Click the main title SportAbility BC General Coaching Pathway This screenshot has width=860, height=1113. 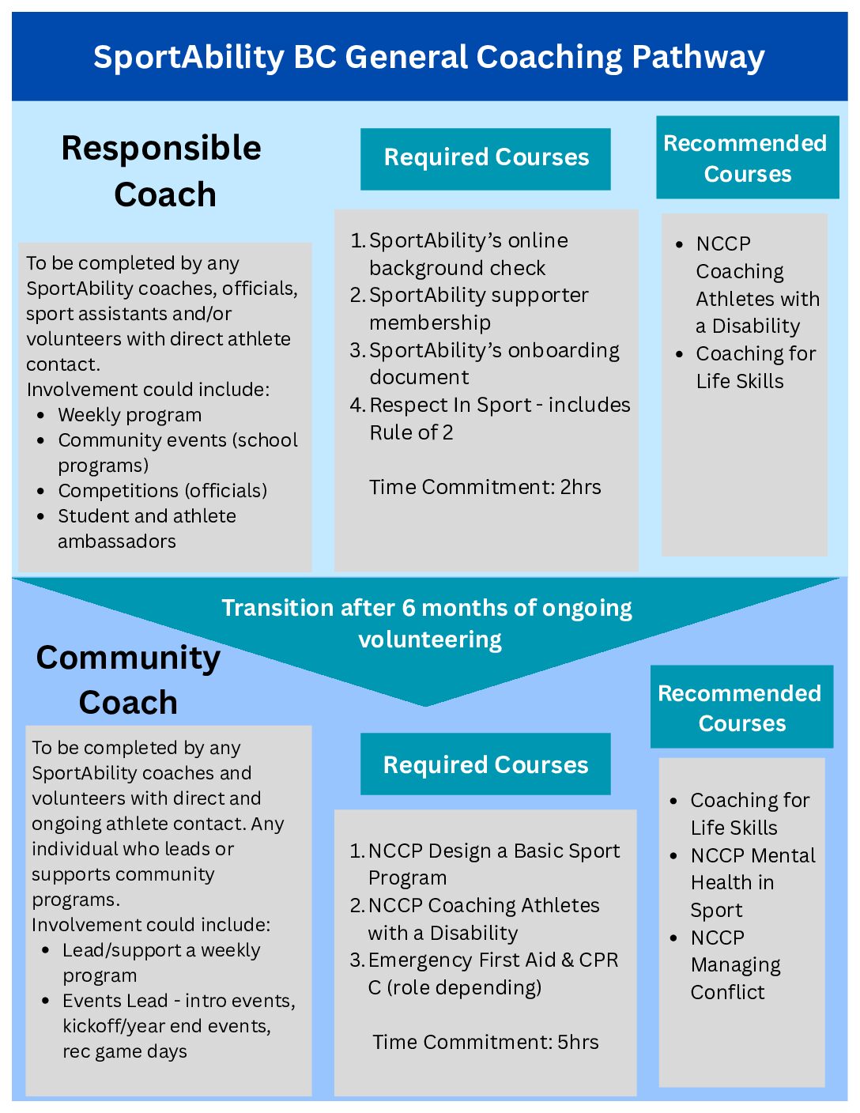429,57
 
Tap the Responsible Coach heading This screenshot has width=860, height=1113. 162,171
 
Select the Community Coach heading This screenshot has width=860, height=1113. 128,680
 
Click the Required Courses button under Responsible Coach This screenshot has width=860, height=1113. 485,158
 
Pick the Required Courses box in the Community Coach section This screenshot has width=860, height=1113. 485,764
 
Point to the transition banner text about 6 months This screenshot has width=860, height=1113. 427,623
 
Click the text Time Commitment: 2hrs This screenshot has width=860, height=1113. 485,487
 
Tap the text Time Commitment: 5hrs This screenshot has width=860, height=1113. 485,1042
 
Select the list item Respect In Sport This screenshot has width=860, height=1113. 490,418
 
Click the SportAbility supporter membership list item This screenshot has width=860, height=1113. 478,308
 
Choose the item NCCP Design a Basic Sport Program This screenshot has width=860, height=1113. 486,864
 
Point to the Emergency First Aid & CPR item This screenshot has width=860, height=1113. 486,973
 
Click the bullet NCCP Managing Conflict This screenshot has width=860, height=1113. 735,964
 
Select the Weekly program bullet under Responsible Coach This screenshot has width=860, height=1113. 130,415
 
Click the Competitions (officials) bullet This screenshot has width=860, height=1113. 162,491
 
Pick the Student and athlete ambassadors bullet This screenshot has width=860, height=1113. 146,528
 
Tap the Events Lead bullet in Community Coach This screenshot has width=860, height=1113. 178,1025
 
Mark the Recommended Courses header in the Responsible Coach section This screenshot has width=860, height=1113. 747,158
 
